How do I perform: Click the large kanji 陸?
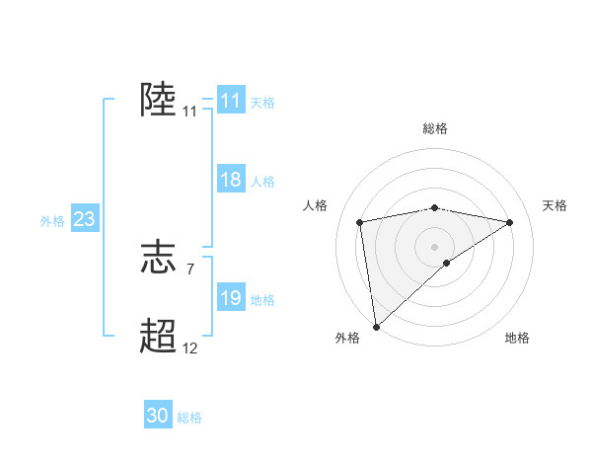click(x=158, y=100)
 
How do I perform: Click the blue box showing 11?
click(x=230, y=101)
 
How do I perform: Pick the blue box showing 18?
click(x=230, y=180)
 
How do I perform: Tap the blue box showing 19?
click(x=230, y=298)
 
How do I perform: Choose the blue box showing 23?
click(x=84, y=219)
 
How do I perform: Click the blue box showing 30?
click(x=158, y=416)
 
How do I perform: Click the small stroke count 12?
click(x=189, y=348)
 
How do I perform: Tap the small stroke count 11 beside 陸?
click(x=189, y=112)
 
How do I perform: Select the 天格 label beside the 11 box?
click(x=262, y=102)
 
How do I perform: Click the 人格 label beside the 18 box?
click(x=262, y=181)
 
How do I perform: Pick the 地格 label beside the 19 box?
click(x=262, y=299)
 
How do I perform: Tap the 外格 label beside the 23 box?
click(x=52, y=221)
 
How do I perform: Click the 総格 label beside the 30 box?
click(x=189, y=418)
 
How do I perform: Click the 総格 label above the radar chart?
click(x=434, y=128)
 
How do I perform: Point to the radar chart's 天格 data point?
click(x=510, y=222)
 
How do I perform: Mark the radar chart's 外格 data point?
click(x=376, y=326)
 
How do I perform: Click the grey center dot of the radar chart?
click(x=434, y=246)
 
